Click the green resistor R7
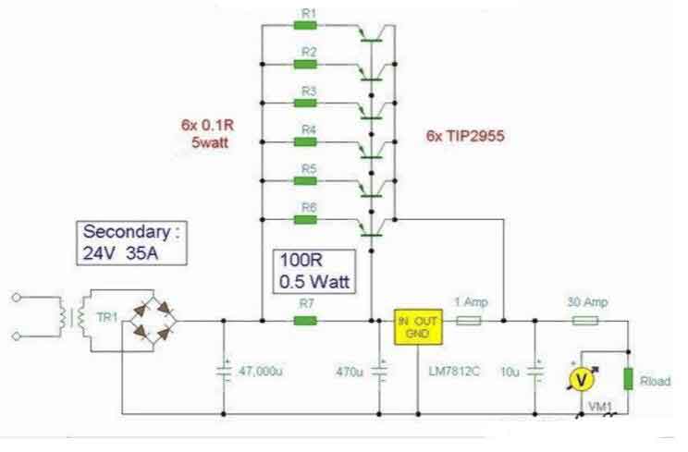(306, 321)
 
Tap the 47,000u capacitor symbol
(225, 371)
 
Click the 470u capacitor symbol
(379, 372)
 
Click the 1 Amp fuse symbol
(470, 321)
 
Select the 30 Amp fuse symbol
(584, 321)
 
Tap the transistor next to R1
(373, 32)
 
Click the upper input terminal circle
(14, 298)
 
